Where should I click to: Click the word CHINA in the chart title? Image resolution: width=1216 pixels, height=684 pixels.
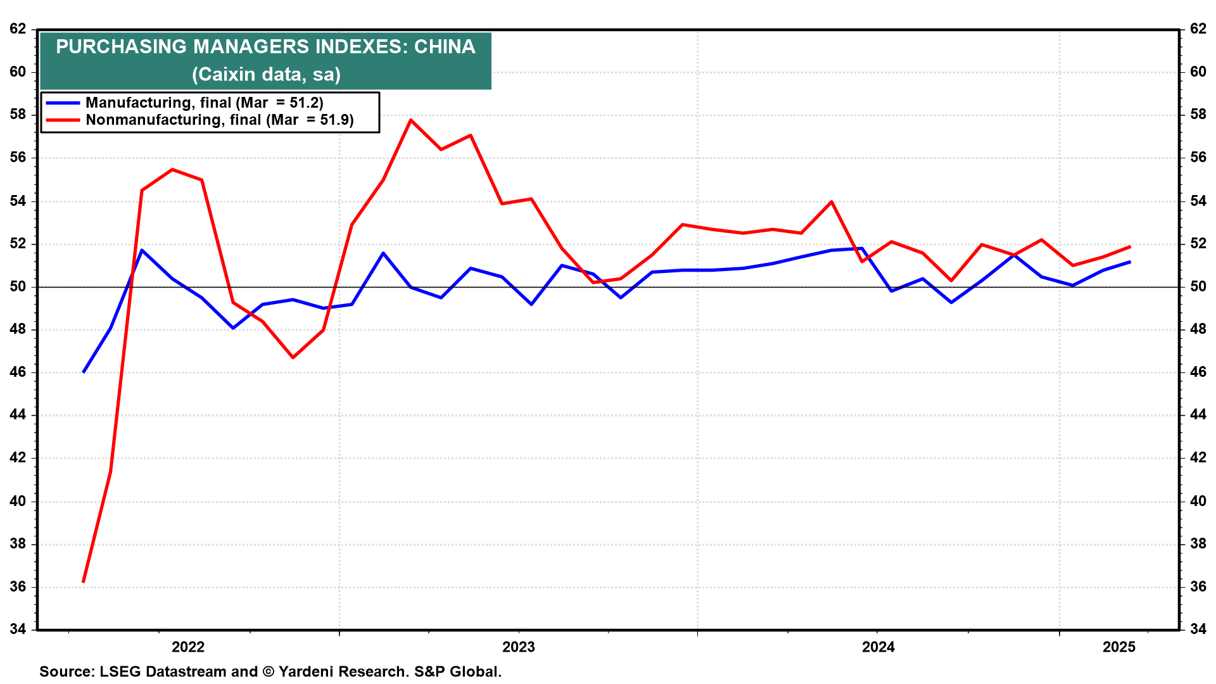click(x=445, y=47)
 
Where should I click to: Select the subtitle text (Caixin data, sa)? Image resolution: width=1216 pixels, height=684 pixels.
click(x=266, y=74)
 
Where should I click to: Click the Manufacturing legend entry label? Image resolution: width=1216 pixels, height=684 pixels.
click(x=205, y=103)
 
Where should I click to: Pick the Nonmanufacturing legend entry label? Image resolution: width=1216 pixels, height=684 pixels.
click(x=220, y=120)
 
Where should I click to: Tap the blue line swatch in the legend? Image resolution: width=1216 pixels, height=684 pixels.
click(x=63, y=103)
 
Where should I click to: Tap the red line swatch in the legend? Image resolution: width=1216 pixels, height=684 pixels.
click(x=63, y=120)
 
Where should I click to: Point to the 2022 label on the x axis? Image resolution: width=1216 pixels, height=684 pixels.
click(x=188, y=647)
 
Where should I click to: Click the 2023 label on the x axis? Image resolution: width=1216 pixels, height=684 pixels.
click(x=518, y=647)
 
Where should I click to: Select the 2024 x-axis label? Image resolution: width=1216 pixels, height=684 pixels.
click(x=878, y=647)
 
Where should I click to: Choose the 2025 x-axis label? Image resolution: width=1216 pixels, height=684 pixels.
click(x=1119, y=647)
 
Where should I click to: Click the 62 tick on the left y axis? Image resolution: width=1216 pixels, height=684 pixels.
click(x=18, y=28)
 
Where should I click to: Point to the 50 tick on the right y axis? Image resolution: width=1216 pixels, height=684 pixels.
click(x=1198, y=286)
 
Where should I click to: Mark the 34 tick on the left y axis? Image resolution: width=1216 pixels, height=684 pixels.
click(x=18, y=629)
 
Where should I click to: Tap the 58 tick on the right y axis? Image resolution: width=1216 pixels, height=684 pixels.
click(x=1198, y=115)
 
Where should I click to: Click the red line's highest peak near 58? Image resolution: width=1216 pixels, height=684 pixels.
click(x=411, y=120)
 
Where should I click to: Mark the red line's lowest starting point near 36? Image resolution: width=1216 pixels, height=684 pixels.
click(x=84, y=581)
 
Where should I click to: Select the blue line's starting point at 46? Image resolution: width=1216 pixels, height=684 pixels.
click(x=84, y=372)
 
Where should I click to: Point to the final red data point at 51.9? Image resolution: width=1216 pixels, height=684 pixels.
click(x=1130, y=246)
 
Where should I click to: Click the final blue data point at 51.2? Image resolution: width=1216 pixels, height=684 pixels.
click(x=1130, y=262)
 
